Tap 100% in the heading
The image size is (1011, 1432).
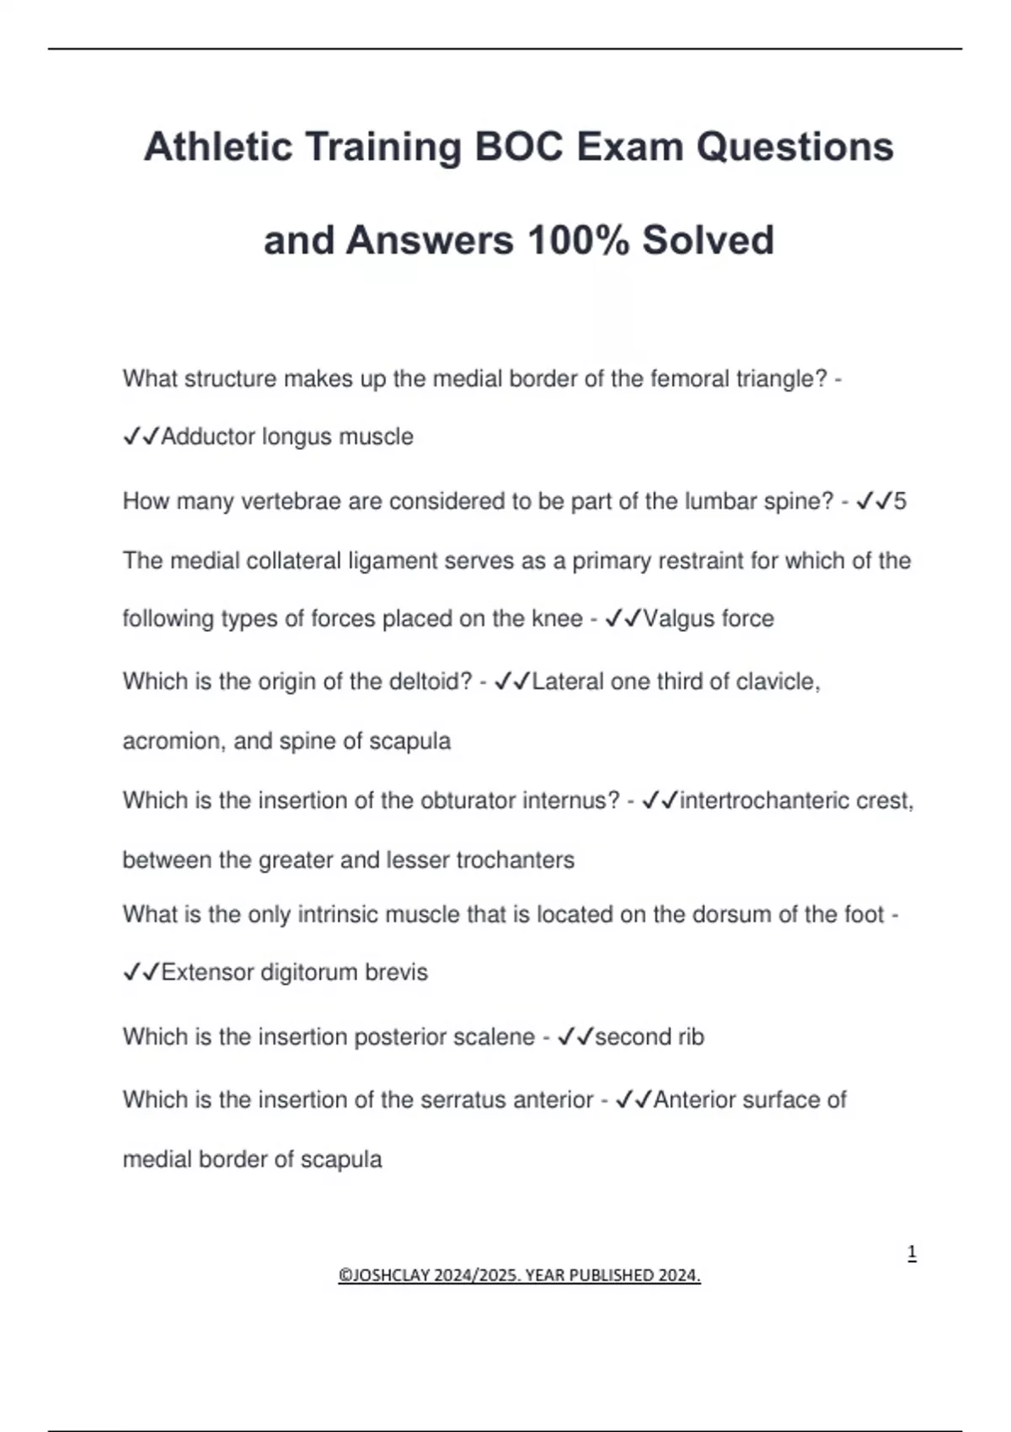click(578, 240)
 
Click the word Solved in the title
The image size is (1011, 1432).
click(708, 240)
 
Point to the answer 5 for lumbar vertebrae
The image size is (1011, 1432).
click(900, 502)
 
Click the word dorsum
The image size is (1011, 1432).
click(731, 915)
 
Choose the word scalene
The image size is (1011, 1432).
click(494, 1037)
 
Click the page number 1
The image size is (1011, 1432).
click(912, 1253)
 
